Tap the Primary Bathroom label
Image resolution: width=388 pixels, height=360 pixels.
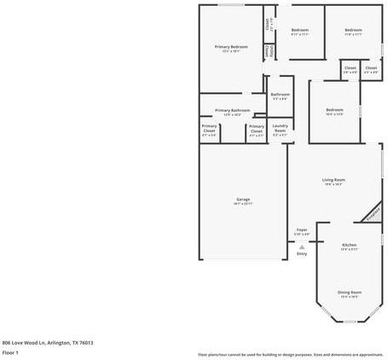(232, 110)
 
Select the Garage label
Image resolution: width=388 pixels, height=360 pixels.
(243, 200)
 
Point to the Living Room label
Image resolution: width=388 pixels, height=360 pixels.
(333, 179)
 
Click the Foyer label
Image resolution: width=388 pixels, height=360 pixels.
(302, 229)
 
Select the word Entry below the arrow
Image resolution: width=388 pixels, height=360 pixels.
(302, 253)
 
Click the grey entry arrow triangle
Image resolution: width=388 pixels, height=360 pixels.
(302, 246)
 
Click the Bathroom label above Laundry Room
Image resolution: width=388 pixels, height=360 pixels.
(280, 95)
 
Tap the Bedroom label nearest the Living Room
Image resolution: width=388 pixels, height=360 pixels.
(334, 109)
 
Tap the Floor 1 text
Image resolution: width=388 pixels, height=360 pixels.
(10, 351)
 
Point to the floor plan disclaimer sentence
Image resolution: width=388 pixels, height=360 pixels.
(290, 354)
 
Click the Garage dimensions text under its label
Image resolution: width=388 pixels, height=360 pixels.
(243, 205)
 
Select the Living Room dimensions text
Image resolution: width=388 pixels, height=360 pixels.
(333, 184)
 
